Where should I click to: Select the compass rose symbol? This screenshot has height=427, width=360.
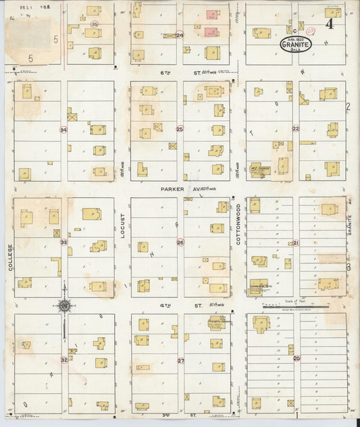(x=64, y=305)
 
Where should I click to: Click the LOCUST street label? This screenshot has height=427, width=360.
(x=123, y=227)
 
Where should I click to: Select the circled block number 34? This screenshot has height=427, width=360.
(x=63, y=129)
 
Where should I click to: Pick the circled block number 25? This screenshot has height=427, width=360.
(x=180, y=128)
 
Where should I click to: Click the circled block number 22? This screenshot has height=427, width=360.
(x=295, y=128)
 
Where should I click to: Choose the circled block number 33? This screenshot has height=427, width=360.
(x=63, y=242)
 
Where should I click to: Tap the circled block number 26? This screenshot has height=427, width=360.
(x=180, y=242)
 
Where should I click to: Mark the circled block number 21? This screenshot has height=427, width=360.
(x=296, y=243)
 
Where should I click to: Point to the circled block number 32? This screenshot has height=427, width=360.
(x=64, y=360)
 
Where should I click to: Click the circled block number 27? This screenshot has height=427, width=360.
(x=180, y=360)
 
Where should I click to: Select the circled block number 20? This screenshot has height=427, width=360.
(x=297, y=358)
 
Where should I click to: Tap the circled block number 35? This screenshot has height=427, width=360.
(x=94, y=23)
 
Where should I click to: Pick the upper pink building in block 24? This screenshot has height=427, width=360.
(x=211, y=14)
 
